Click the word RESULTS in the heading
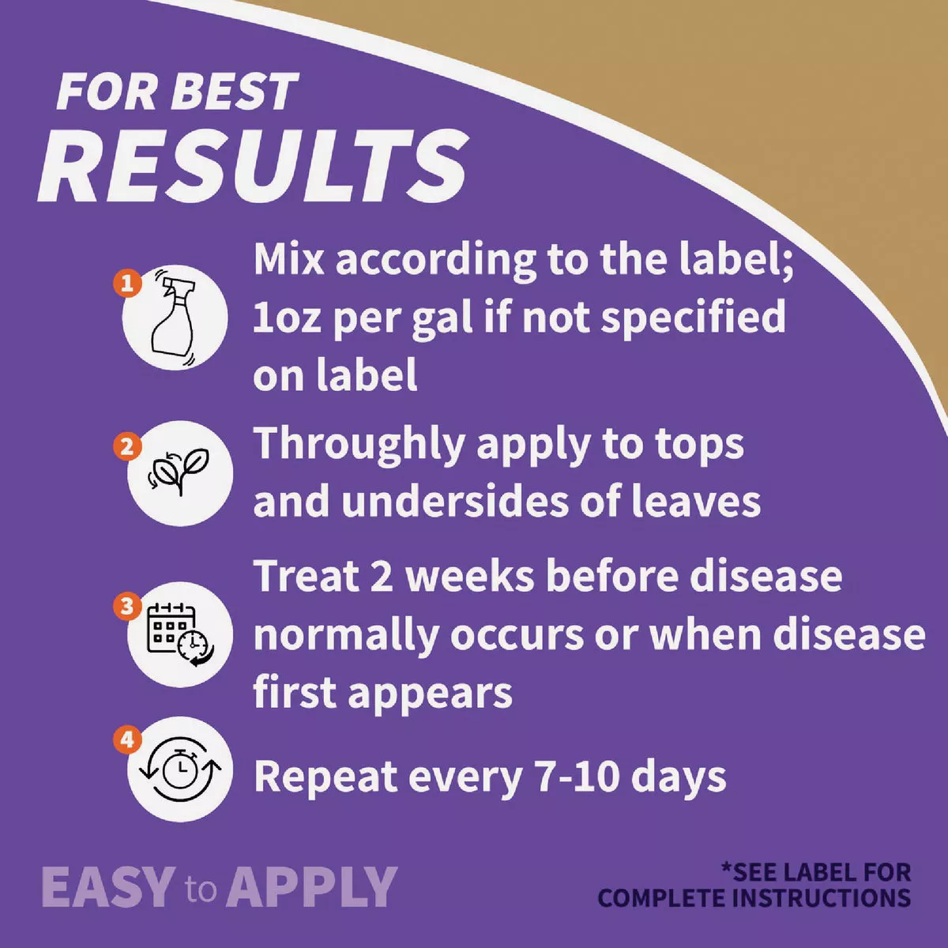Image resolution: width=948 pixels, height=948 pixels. (253, 165)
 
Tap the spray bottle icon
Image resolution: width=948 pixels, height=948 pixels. (175, 318)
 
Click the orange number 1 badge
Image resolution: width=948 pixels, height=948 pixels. (127, 284)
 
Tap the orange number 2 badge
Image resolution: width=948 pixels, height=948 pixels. (127, 446)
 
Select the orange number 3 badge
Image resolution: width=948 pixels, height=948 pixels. (127, 606)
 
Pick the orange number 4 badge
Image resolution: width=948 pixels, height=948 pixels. (127, 739)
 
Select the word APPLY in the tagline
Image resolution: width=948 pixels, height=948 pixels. (311, 887)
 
